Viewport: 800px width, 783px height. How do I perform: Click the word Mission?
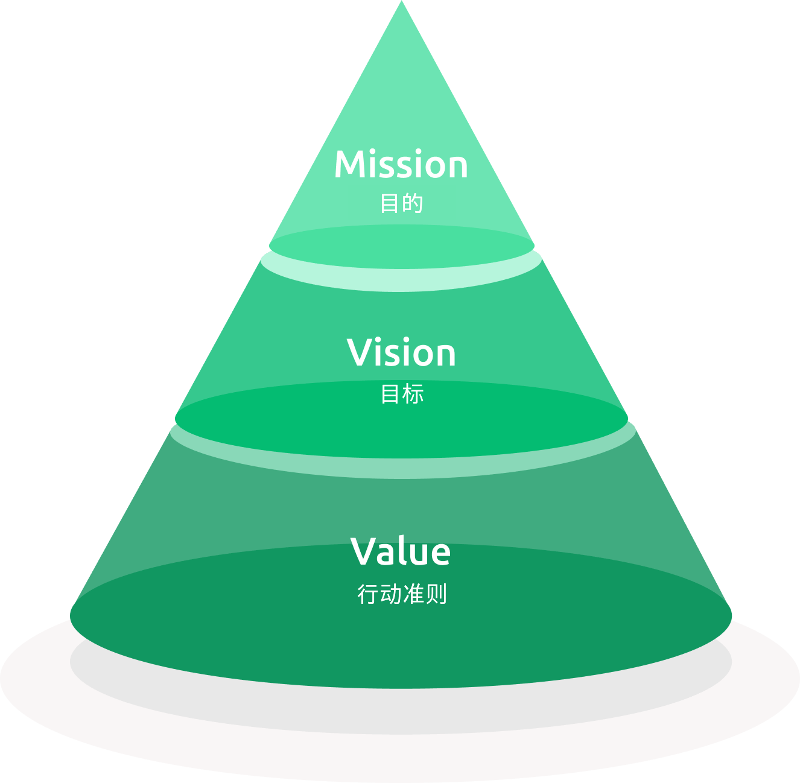click(x=401, y=165)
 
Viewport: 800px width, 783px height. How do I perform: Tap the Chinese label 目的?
click(x=401, y=203)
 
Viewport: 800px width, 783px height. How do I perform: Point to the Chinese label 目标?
click(x=402, y=394)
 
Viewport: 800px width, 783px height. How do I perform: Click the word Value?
click(x=401, y=551)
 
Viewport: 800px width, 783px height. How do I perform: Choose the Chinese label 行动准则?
click(x=402, y=594)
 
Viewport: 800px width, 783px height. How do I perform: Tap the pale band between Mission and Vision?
click(x=402, y=279)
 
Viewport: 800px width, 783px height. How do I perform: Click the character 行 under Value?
click(x=368, y=594)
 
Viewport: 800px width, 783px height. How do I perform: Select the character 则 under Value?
click(x=436, y=594)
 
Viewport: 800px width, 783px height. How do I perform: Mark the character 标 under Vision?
click(x=413, y=394)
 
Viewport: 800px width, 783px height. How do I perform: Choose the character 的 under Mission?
click(x=413, y=203)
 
